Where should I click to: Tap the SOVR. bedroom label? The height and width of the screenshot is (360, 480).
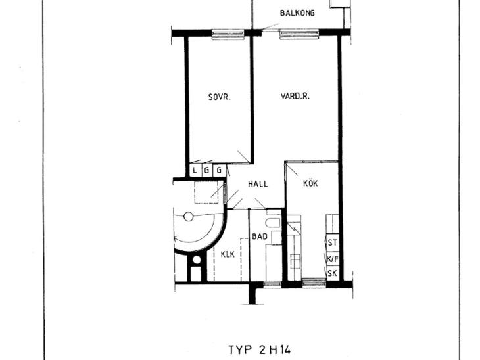tap(219, 97)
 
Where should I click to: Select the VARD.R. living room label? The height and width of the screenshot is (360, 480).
tap(295, 96)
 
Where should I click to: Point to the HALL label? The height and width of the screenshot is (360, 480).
tap(258, 184)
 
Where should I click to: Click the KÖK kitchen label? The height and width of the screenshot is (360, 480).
tap(310, 183)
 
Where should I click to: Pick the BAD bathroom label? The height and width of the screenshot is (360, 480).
tap(260, 236)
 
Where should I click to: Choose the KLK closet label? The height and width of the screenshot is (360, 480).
tap(228, 254)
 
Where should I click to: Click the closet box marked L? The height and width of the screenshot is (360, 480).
tap(195, 170)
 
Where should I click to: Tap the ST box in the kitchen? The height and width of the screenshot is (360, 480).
tap(333, 243)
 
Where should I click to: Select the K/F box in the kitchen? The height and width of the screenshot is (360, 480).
tap(333, 259)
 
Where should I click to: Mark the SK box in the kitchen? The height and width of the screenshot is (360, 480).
tap(333, 273)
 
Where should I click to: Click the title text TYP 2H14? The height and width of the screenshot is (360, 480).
tap(260, 349)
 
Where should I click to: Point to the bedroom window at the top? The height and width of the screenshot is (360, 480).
tap(228, 34)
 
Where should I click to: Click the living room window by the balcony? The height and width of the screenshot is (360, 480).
tap(299, 34)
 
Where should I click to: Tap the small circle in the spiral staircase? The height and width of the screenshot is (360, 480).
tap(189, 217)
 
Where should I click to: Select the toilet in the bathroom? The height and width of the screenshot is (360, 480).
tap(273, 222)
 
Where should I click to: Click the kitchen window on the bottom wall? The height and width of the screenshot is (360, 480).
tap(314, 283)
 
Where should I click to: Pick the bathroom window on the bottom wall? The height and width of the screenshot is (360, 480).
tap(272, 284)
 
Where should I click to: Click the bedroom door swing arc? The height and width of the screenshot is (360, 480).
tap(244, 156)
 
